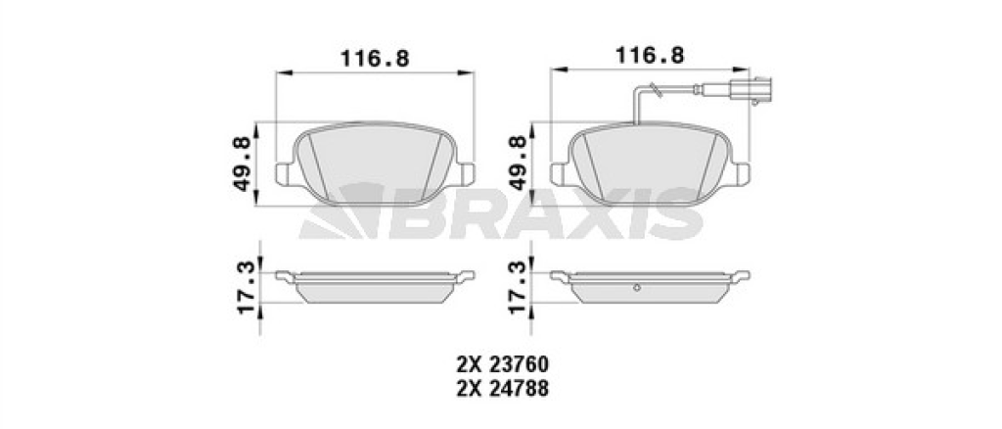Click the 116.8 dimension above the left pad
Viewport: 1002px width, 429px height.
(x=375, y=58)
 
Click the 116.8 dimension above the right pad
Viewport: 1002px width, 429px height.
(x=650, y=55)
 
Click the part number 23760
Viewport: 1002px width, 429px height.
(x=519, y=365)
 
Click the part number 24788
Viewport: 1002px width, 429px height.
(x=519, y=389)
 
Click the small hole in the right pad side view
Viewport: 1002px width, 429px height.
(x=636, y=287)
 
